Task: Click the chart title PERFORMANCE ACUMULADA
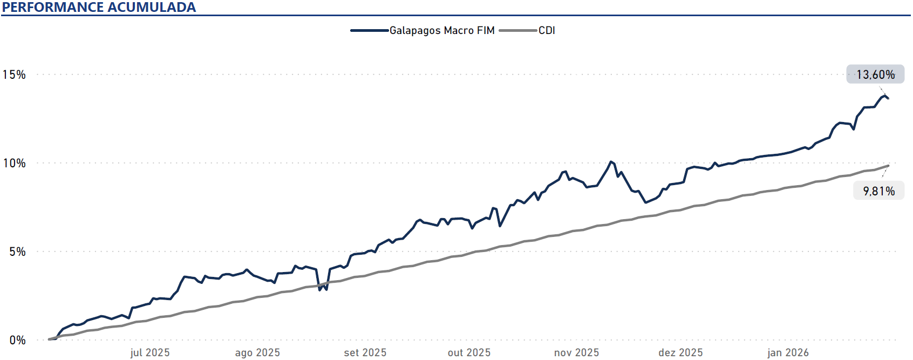pos(99,7)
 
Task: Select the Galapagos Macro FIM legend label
pos(442,30)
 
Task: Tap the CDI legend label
pos(547,30)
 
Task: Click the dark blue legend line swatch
pos(370,30)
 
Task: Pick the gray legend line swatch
pos(518,30)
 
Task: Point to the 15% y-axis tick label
pos(14,74)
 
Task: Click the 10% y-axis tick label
pos(14,163)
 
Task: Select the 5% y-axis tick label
pos(17,252)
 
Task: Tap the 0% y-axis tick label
pos(17,340)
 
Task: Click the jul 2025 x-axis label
pos(150,352)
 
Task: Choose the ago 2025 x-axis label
pos(257,352)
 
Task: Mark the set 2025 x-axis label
pos(365,352)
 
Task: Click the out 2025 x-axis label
pos(469,352)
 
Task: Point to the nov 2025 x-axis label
pos(576,352)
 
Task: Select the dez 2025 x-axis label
pos(680,352)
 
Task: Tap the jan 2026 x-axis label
pos(788,352)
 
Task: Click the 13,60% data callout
pos(875,74)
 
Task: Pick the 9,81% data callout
pos(878,191)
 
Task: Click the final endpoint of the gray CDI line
pos(888,166)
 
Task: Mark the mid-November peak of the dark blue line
pos(610,161)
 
